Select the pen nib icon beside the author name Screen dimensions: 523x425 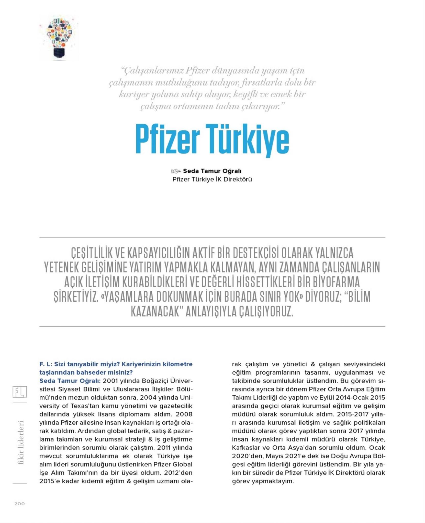point(176,171)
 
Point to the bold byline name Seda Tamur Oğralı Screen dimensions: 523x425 point(212,171)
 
